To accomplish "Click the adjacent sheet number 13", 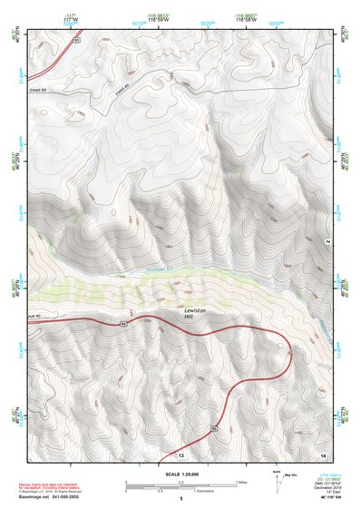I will [x=180, y=454].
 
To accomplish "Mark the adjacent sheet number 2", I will [x=326, y=240].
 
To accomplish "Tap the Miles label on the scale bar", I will [x=242, y=481].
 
